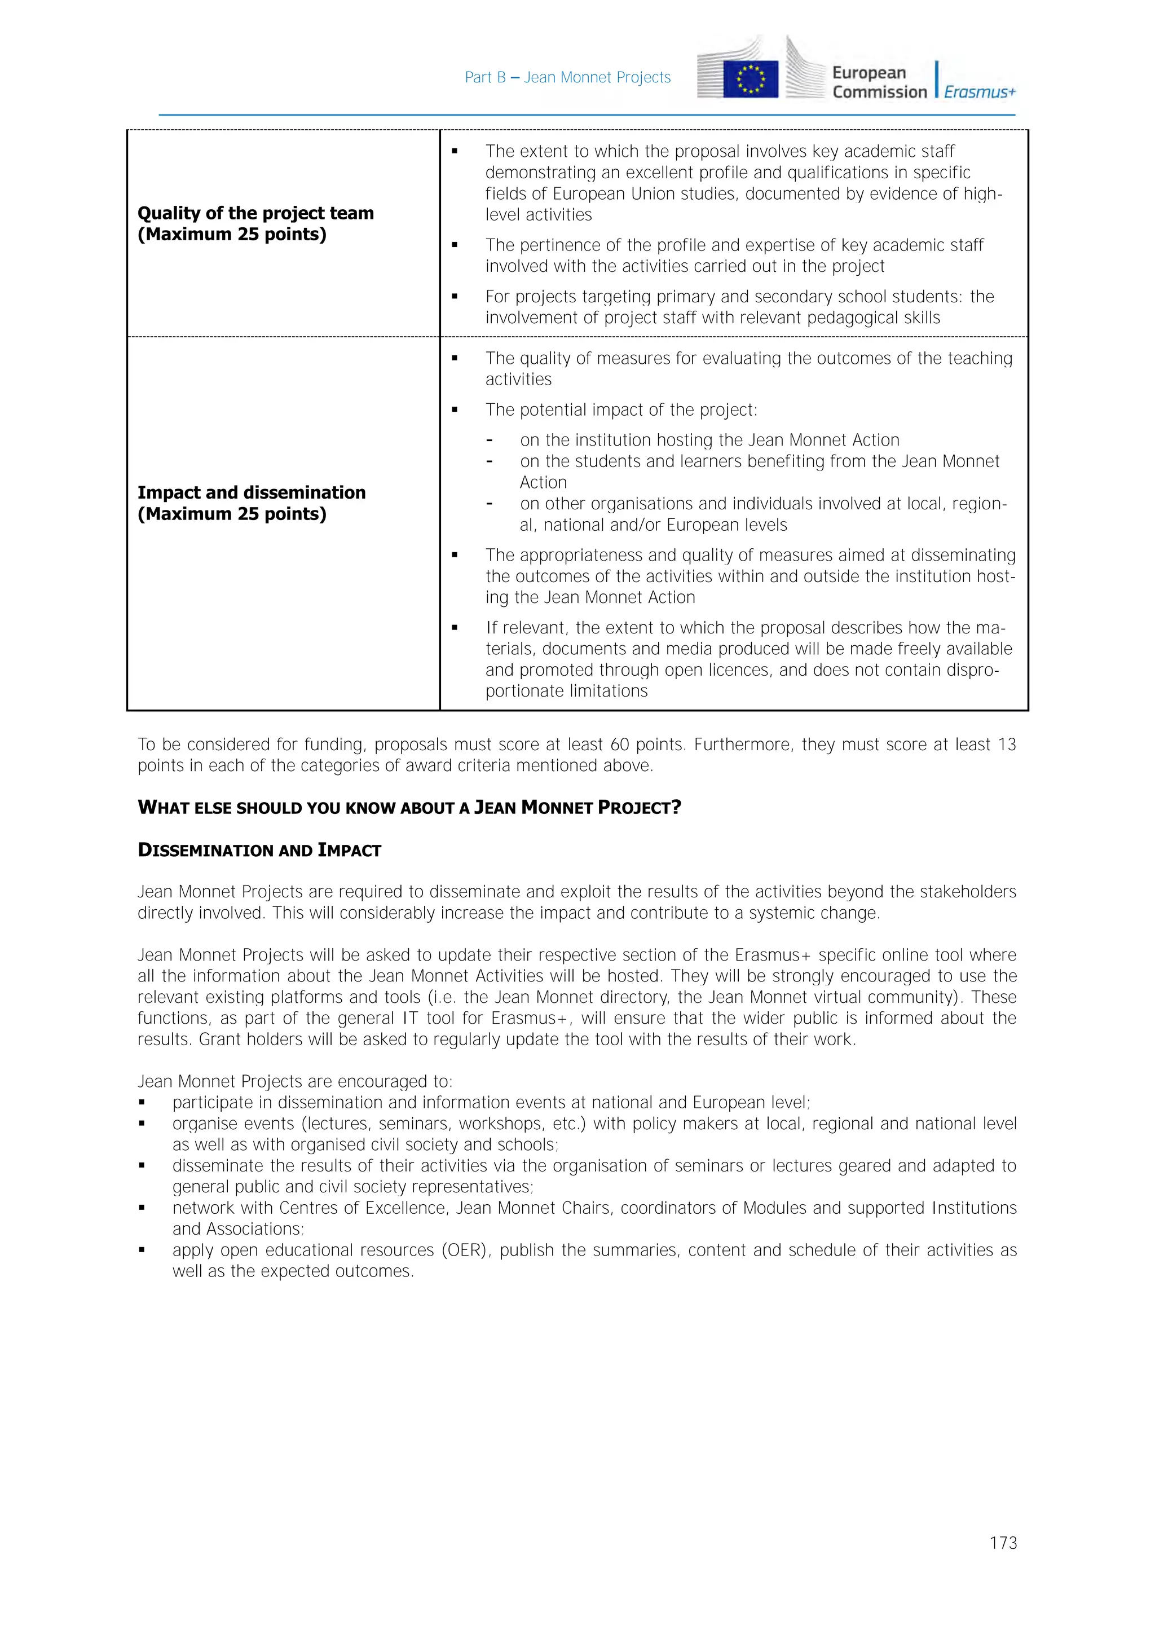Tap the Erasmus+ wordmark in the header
click(x=979, y=92)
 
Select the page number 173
click(x=1003, y=1543)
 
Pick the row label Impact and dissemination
click(x=251, y=492)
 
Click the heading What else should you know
click(x=409, y=807)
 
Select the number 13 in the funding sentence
click(x=1006, y=745)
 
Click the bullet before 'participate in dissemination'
click(x=142, y=1103)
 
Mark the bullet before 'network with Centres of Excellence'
click(x=142, y=1208)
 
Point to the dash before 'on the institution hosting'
click(x=489, y=441)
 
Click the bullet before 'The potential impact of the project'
click(x=455, y=411)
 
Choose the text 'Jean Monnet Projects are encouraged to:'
click(x=294, y=1082)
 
